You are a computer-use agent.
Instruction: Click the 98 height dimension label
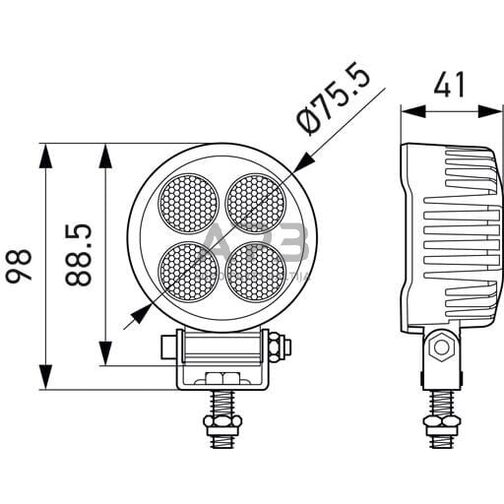22,265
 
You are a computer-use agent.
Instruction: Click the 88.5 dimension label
81,254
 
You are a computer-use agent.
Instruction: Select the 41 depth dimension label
449,86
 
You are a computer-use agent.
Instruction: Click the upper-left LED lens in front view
189,205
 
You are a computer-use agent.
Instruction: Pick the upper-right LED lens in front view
256,203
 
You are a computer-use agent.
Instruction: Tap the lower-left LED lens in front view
189,271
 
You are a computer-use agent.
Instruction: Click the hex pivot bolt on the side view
440,347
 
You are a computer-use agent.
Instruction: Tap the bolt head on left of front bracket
166,346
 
